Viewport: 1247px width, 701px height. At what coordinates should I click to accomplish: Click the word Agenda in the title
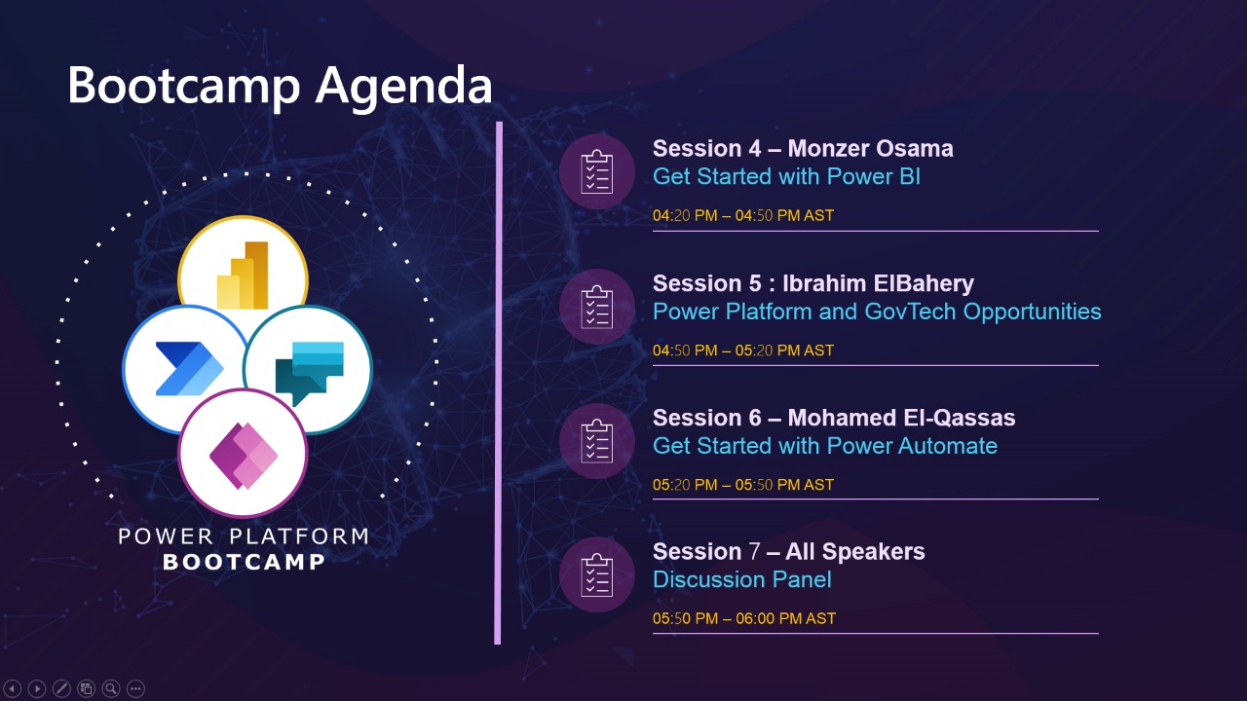(403, 88)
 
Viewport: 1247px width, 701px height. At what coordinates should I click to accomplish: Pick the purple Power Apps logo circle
(243, 454)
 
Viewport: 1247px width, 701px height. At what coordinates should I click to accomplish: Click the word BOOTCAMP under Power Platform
(244, 562)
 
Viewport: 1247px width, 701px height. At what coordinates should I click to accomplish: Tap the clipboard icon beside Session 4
(597, 172)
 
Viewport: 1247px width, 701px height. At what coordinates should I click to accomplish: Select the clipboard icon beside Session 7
(597, 574)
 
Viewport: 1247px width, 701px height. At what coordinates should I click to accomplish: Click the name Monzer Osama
(870, 149)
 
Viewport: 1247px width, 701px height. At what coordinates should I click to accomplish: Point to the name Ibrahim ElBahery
(878, 283)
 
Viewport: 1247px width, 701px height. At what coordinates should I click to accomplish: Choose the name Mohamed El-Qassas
(901, 418)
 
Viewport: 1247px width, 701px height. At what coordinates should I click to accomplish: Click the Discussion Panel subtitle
(742, 579)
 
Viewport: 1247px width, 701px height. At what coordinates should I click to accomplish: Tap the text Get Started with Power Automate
(825, 446)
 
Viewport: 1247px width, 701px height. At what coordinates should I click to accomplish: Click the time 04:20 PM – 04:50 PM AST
(743, 215)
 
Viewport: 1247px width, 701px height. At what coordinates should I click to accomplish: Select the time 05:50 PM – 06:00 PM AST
(744, 618)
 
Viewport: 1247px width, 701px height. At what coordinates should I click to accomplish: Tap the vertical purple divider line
(498, 383)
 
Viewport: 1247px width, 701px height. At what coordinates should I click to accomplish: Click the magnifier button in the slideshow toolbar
(111, 688)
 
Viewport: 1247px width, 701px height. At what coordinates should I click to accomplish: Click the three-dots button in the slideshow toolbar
(135, 688)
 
